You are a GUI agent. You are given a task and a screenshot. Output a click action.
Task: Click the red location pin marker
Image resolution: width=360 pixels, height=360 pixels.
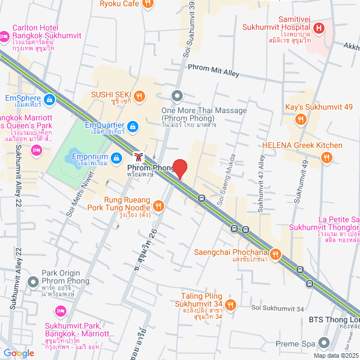coord(179,168)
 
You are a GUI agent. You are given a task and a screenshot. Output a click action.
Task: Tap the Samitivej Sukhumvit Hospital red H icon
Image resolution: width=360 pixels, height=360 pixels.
coord(319,28)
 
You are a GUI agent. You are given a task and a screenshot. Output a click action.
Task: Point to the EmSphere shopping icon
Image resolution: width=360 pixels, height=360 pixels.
coord(49,100)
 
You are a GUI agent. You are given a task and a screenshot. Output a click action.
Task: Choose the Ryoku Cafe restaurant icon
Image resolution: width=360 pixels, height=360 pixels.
coord(147,3)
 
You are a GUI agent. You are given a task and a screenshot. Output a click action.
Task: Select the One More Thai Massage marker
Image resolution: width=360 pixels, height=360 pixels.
coord(177,96)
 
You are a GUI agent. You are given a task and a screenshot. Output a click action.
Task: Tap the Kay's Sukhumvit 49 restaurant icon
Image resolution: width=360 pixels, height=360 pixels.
coord(301,119)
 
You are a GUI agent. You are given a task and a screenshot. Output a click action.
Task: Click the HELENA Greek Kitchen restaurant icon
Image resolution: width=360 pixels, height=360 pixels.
coord(327,159)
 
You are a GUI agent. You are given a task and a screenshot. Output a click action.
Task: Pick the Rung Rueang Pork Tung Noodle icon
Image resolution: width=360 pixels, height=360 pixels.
coord(159,206)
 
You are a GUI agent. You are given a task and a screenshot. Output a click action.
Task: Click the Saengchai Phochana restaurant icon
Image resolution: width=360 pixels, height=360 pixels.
coord(275,254)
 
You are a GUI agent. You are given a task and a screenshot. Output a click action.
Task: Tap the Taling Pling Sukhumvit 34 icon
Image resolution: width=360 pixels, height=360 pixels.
coord(231,304)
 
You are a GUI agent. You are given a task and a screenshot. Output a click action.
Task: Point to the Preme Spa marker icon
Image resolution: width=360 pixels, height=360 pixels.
coord(323,341)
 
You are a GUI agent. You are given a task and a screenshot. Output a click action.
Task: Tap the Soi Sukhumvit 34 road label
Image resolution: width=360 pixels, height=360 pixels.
coord(278,308)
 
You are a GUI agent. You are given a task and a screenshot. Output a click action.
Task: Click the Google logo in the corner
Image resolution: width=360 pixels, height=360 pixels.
coord(19,353)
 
